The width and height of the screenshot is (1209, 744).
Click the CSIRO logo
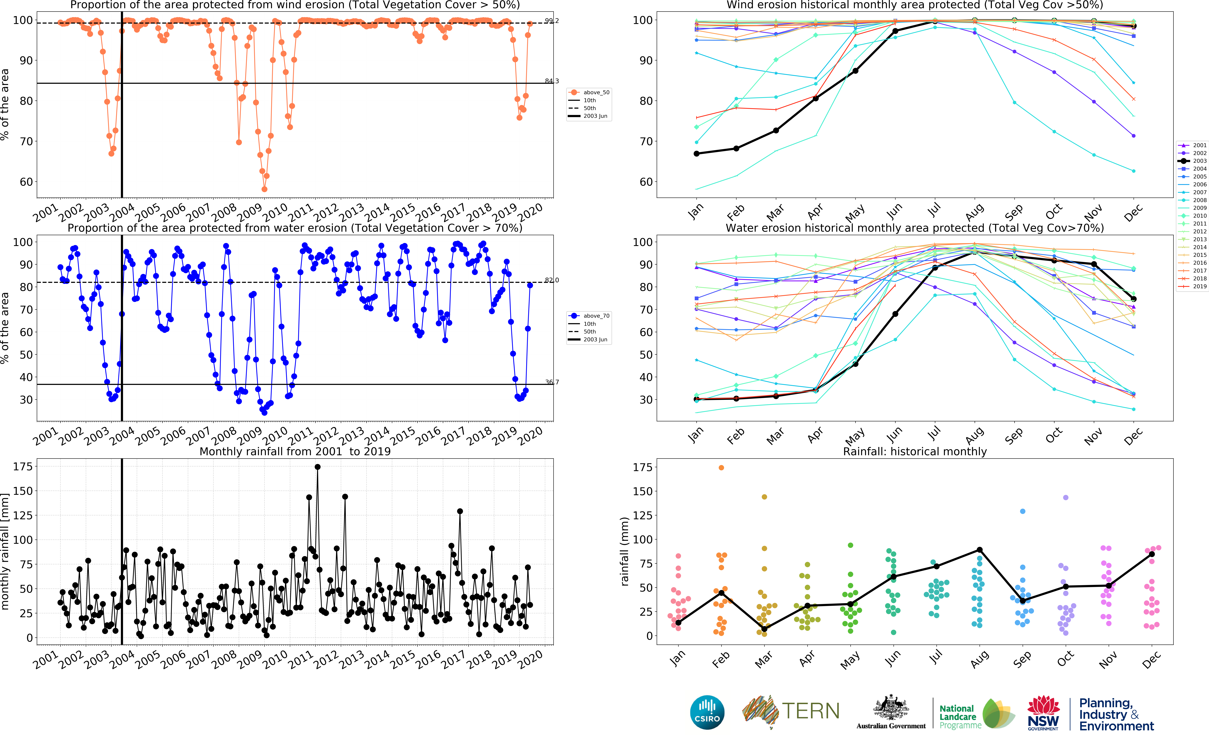pos(707,712)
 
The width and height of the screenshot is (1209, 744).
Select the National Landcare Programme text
pos(957,716)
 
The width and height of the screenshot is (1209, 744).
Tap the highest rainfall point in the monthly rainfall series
pos(318,467)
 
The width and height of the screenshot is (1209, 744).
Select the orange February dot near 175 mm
pos(721,467)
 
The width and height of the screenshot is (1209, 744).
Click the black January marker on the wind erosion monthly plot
pos(696,153)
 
